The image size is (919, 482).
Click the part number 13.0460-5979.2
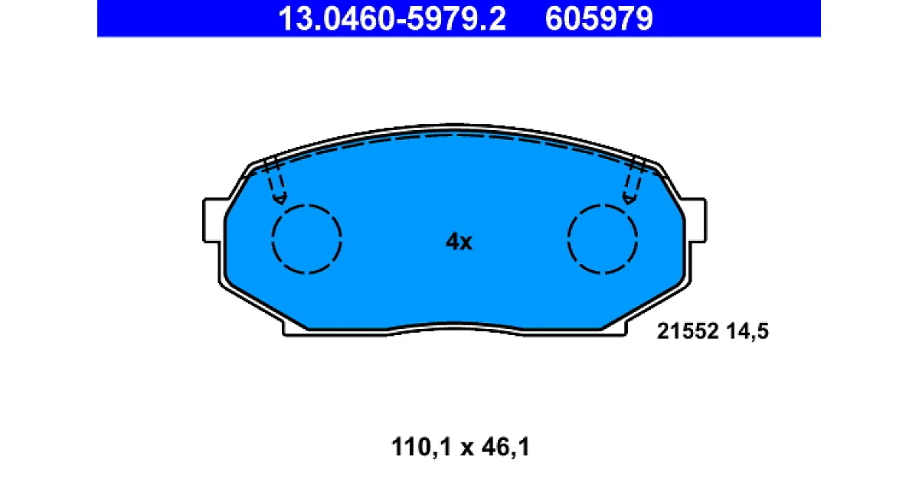[392, 19]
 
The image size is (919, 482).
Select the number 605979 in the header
[599, 19]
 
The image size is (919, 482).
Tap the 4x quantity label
[459, 242]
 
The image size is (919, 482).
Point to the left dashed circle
[272, 239]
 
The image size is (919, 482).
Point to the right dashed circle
[568, 239]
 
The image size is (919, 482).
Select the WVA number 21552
[688, 331]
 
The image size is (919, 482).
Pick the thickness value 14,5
[747, 331]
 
